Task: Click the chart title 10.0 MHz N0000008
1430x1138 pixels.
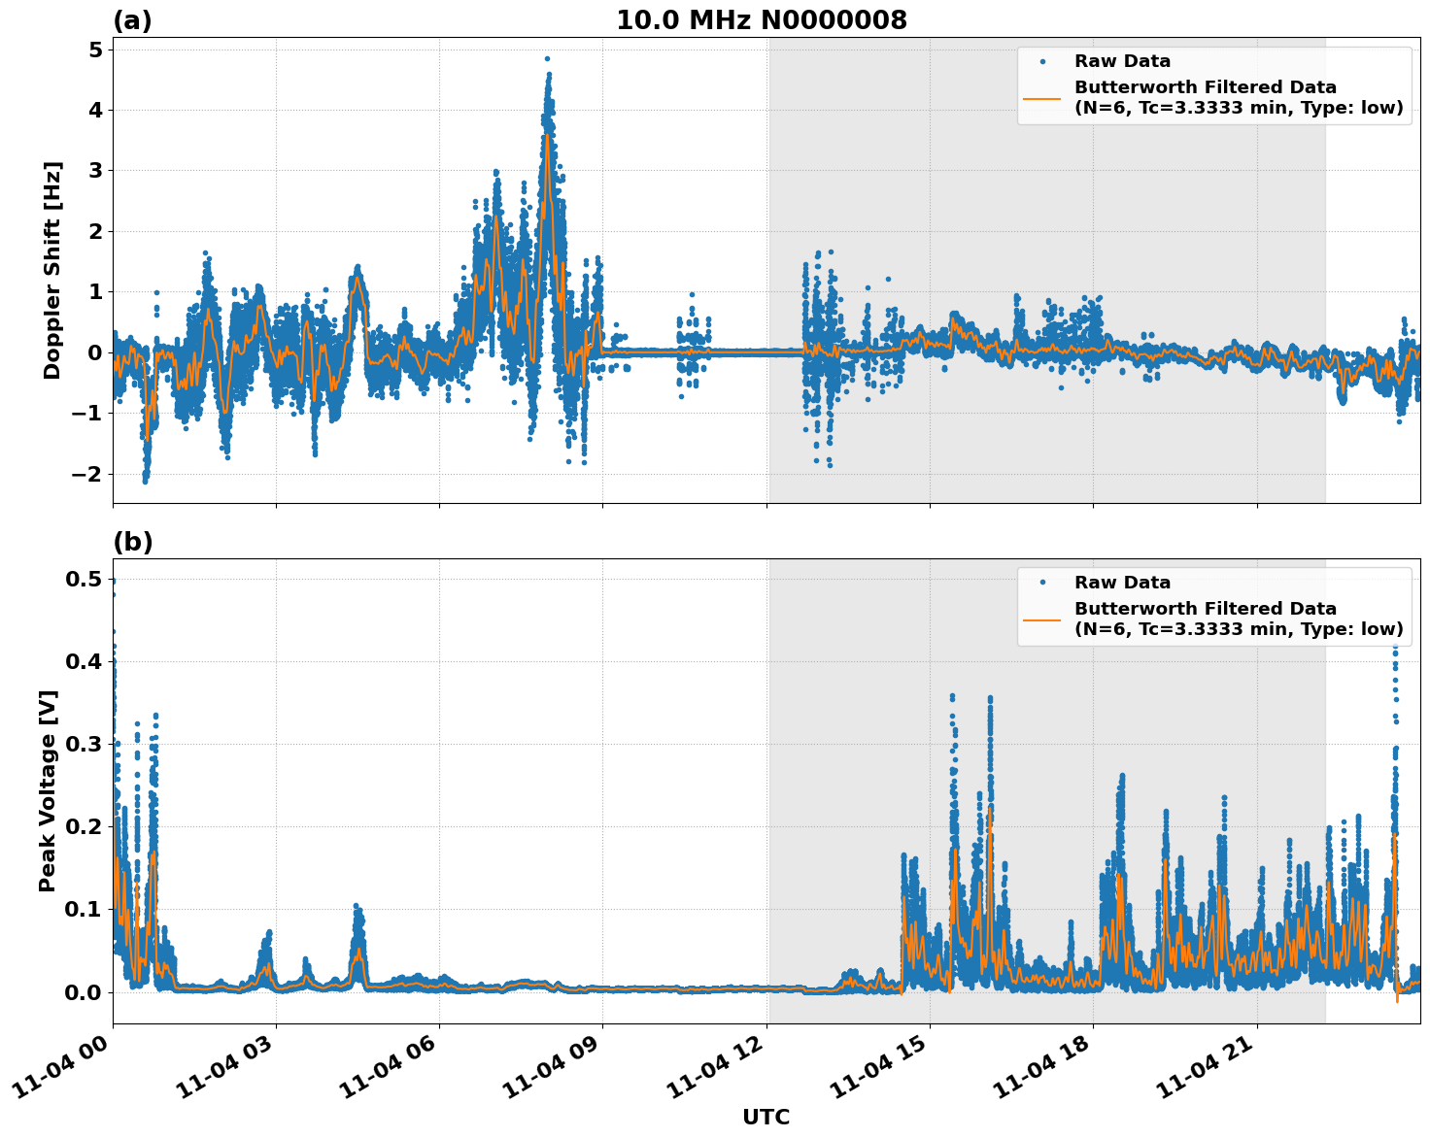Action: point(762,20)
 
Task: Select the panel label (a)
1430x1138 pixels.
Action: point(132,20)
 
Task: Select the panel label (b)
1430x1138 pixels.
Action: point(132,542)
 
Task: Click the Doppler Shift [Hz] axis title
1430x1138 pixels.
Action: point(52,270)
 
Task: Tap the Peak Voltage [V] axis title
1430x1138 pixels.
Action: point(48,790)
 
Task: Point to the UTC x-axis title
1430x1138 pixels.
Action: point(766,1117)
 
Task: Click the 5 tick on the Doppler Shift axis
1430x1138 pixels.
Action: point(95,50)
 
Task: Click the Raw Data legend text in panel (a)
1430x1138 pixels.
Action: point(1122,61)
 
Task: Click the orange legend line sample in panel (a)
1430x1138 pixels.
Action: point(1042,98)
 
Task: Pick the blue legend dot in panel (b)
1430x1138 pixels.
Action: point(1042,583)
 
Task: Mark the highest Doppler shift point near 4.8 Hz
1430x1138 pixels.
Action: point(547,58)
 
